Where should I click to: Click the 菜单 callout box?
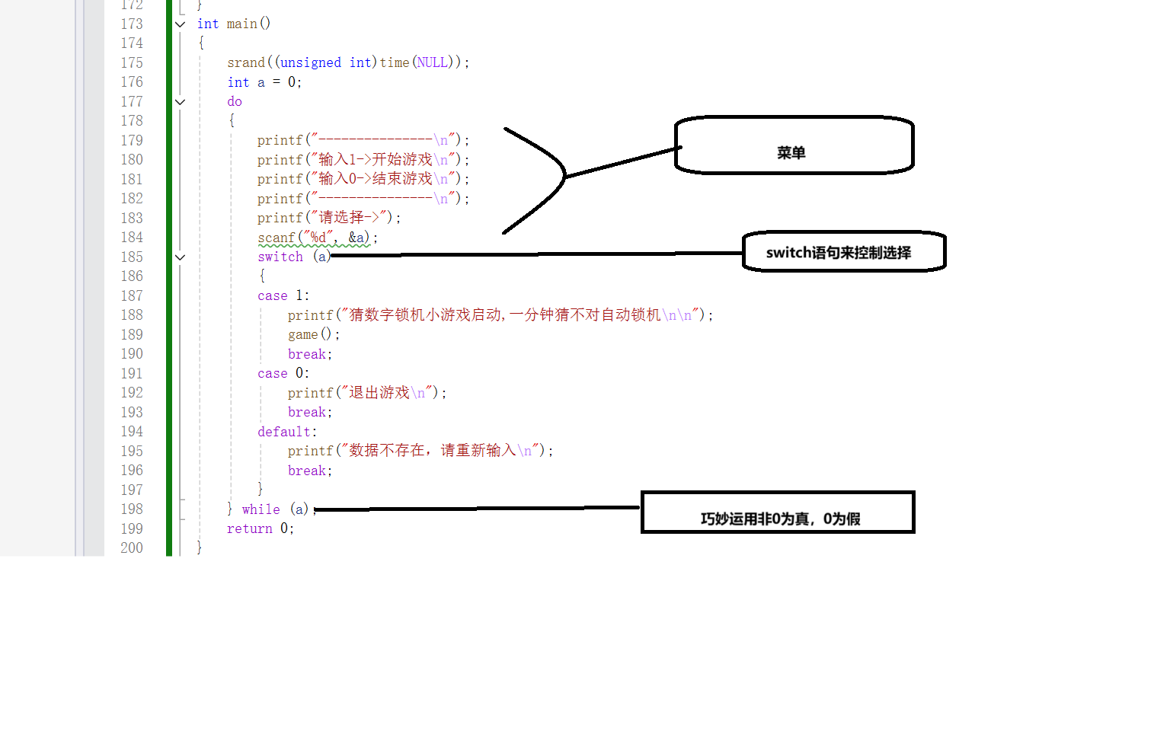[x=794, y=145]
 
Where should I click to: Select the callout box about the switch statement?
[x=844, y=252]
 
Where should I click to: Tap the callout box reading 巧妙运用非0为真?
[x=778, y=512]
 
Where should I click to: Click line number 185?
[x=132, y=257]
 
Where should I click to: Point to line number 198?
[x=132, y=509]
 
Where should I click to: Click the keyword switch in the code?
[x=280, y=257]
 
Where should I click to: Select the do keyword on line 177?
[x=235, y=101]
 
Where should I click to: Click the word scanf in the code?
[x=276, y=238]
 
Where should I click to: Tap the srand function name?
[x=246, y=62]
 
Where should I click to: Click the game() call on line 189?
[x=311, y=334]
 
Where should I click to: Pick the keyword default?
[x=284, y=432]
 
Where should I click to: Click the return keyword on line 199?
[x=249, y=528]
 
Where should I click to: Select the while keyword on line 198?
[x=261, y=509]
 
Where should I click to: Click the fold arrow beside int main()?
[x=181, y=24]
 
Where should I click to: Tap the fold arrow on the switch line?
[x=181, y=257]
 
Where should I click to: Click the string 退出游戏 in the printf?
[x=379, y=392]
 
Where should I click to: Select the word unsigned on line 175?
[x=311, y=62]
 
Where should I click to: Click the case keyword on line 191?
[x=273, y=373]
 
